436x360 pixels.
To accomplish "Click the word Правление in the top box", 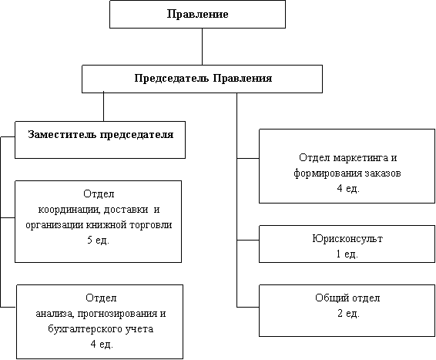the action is point(197,14).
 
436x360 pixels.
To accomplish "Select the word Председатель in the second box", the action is point(172,79).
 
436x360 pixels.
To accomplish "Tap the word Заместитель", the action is point(62,134).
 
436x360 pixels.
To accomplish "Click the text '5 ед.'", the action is point(98,240).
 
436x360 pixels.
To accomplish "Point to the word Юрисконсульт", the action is point(347,238).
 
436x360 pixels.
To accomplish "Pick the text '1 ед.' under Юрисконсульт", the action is point(347,254).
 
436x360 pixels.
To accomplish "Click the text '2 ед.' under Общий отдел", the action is point(348,314).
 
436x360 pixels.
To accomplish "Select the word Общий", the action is point(331,298).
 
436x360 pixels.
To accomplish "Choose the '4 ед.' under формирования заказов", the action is point(348,189).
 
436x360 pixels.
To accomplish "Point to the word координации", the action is point(69,210).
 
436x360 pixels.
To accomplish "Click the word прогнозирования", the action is point(117,314).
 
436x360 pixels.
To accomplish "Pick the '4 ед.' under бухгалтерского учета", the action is point(102,345).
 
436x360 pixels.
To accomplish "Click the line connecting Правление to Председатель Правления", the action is point(202,46).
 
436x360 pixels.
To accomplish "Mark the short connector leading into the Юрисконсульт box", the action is point(248,240).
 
